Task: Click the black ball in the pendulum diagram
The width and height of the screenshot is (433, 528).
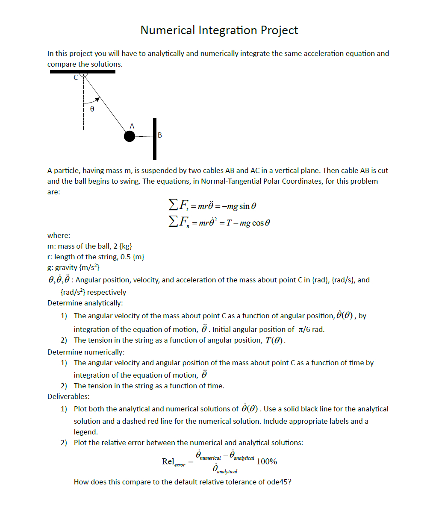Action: point(130,136)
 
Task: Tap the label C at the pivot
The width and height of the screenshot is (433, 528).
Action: point(76,77)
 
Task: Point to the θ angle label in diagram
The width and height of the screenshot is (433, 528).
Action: point(92,109)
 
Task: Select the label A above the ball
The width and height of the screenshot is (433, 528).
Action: point(132,126)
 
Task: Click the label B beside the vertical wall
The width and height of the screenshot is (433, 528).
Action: point(160,135)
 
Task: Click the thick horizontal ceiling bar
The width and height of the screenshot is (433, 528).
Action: point(82,72)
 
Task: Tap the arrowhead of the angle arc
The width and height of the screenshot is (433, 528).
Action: point(97,100)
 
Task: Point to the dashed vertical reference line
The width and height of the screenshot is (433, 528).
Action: point(84,115)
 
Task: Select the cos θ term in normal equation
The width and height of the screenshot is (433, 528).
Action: point(261,223)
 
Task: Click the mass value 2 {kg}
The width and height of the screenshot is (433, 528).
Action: point(123,246)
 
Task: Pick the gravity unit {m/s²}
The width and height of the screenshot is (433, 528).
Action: point(89,267)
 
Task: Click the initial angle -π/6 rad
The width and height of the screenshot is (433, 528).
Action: point(310,329)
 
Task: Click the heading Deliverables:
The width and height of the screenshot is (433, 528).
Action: point(68,396)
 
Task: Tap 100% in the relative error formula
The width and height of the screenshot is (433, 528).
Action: point(267,461)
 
